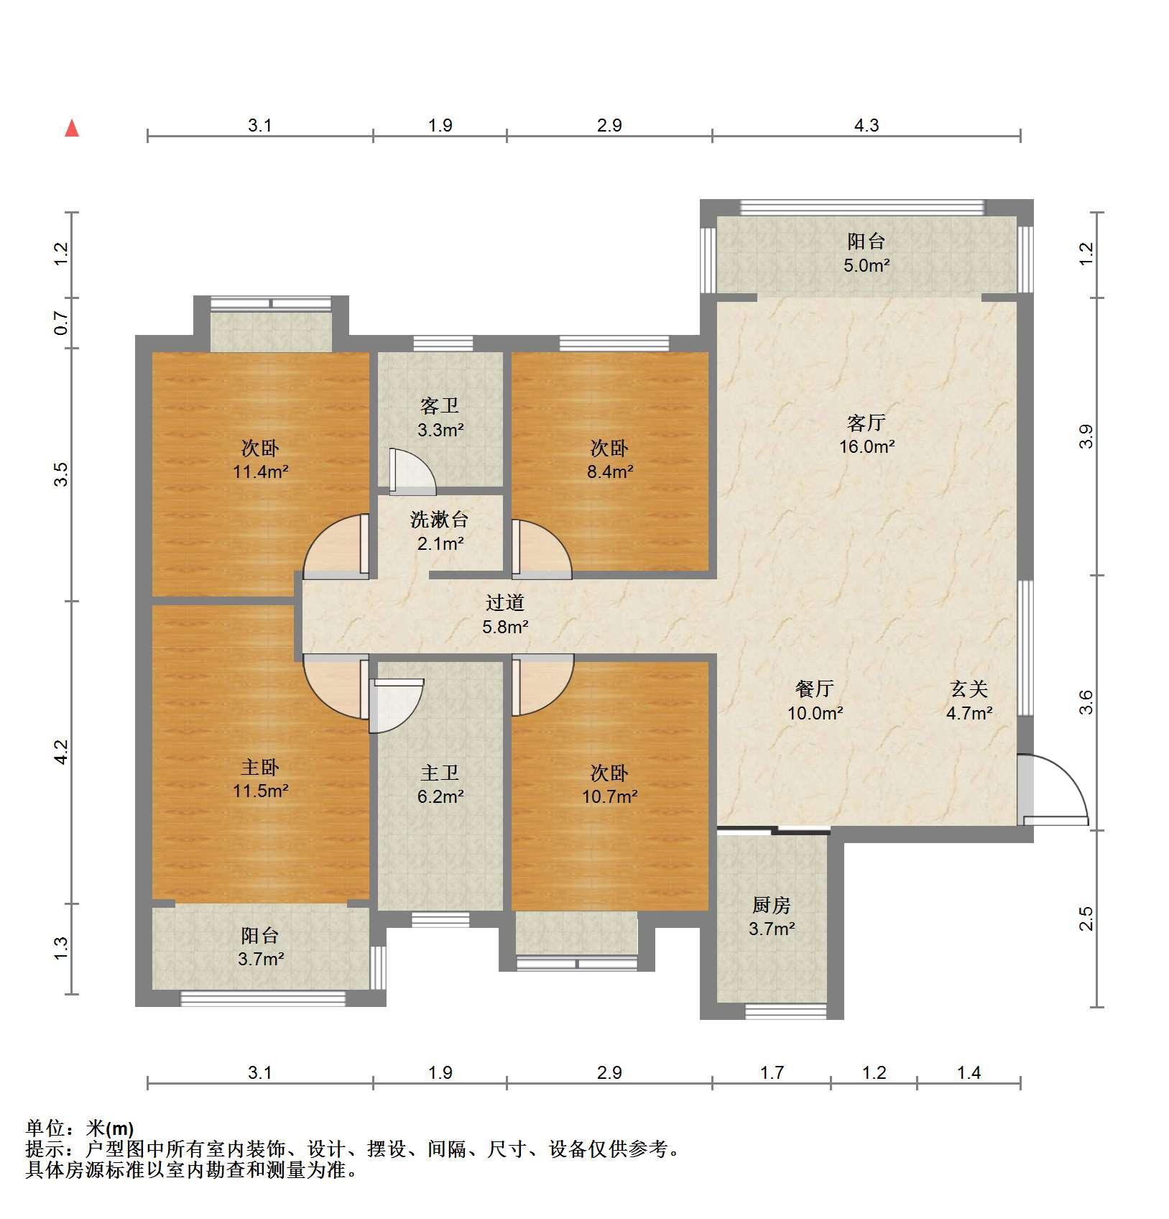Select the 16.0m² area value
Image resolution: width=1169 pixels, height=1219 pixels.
tap(867, 447)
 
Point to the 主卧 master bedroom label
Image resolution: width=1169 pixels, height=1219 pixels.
tap(260, 767)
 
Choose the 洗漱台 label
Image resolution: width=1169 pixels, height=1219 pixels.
tap(439, 519)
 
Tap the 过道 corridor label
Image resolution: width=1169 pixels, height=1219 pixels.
tap(504, 602)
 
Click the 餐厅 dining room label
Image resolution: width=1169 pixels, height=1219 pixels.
tap(814, 689)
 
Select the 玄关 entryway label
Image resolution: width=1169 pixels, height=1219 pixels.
tap(969, 689)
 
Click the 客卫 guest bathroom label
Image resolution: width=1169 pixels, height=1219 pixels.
tap(440, 406)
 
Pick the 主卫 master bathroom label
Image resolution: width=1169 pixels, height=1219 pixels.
tap(440, 773)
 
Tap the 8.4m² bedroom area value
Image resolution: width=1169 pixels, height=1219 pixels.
tap(609, 472)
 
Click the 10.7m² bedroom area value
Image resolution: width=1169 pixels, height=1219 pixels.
tap(609, 796)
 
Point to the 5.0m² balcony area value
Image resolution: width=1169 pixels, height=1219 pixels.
tap(867, 266)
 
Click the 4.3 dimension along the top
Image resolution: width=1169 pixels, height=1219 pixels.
tap(867, 126)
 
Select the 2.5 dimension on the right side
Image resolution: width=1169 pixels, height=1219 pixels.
tap(1086, 919)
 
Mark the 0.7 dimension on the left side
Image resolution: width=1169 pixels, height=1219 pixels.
tap(62, 323)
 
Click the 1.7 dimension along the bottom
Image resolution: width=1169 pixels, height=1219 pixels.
tap(772, 1073)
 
